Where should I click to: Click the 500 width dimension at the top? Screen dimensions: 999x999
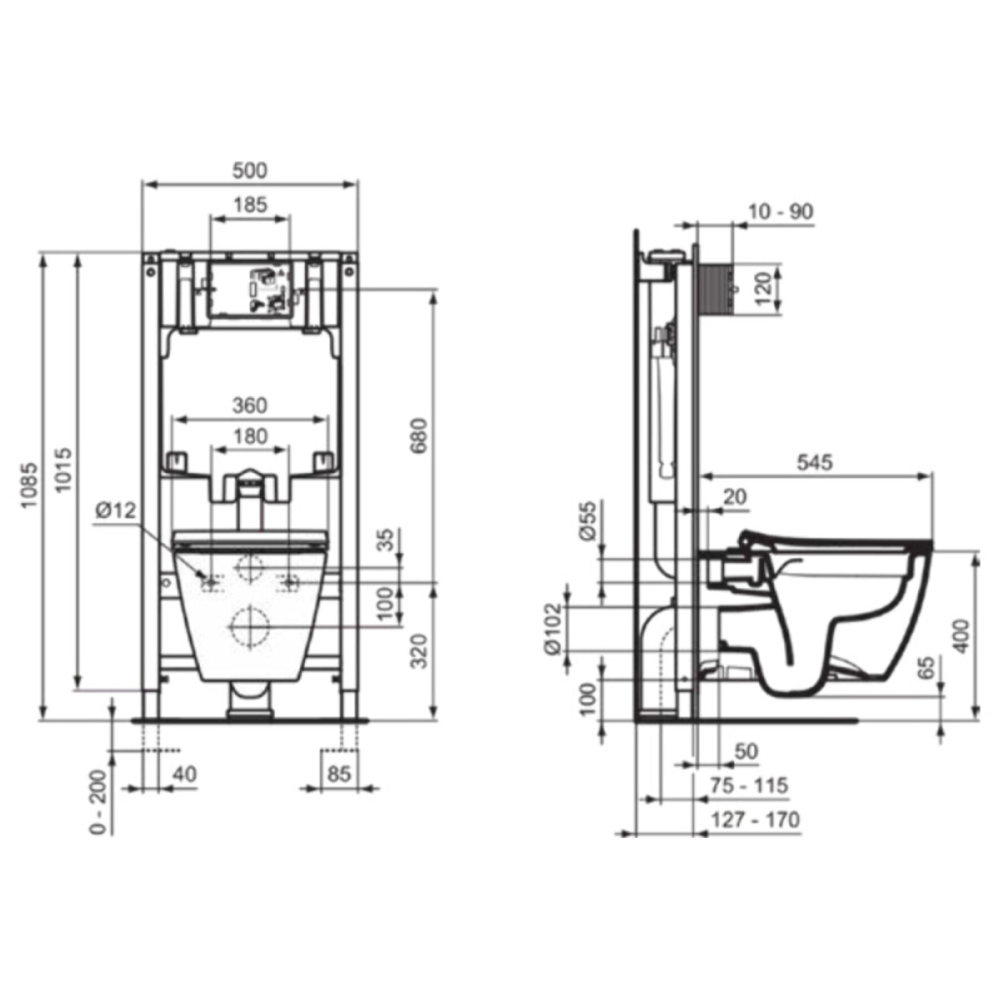250,170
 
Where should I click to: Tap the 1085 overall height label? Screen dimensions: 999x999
29,485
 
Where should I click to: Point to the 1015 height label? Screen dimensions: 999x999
64,469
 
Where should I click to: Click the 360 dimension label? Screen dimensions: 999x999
250,405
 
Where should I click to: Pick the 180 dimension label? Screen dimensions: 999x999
250,436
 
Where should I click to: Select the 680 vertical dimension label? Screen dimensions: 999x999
419,435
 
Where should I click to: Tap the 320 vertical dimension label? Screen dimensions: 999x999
419,651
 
